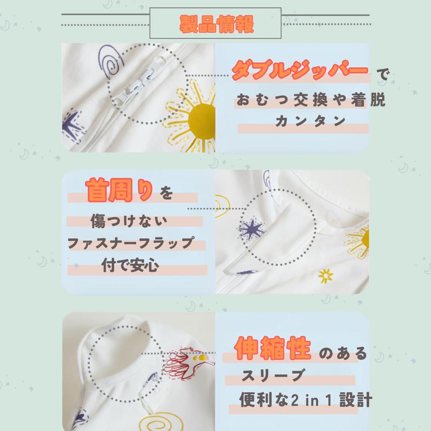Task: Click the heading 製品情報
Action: click(x=216, y=24)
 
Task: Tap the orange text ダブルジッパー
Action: click(x=300, y=70)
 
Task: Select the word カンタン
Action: click(x=310, y=121)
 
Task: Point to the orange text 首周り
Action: click(x=119, y=190)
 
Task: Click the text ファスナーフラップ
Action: click(x=131, y=243)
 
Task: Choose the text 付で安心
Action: click(x=130, y=265)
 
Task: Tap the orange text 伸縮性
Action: click(x=272, y=348)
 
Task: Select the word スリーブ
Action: click(x=273, y=375)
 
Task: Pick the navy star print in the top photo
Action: click(x=72, y=125)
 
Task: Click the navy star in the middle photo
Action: click(x=251, y=229)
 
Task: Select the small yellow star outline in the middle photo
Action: click(x=325, y=276)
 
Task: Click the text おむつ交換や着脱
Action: click(x=311, y=99)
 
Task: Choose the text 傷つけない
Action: click(x=129, y=221)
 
